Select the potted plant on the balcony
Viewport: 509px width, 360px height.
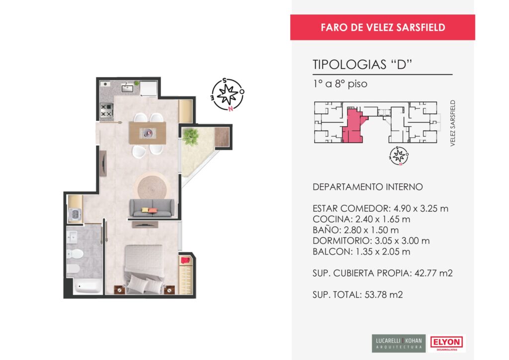pos(190,136)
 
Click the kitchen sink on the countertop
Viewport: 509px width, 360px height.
pos(127,88)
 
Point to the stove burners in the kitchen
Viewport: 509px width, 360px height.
pos(106,110)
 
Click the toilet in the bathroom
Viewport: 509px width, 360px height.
pos(75,254)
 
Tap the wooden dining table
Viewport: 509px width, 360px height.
pos(147,133)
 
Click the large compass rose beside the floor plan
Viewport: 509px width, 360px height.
pos(228,94)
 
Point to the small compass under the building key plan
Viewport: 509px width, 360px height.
pos(399,156)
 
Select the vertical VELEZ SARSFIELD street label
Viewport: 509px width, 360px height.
pos(452,123)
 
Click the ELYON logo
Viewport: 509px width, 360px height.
pos(446,343)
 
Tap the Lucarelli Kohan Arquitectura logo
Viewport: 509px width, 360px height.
pos(399,343)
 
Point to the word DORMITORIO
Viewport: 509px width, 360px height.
pos(342,241)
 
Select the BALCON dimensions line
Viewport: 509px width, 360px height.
pos(361,252)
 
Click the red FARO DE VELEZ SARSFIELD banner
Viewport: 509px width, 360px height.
pos(382,27)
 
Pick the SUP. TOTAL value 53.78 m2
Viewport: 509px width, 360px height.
pos(384,295)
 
